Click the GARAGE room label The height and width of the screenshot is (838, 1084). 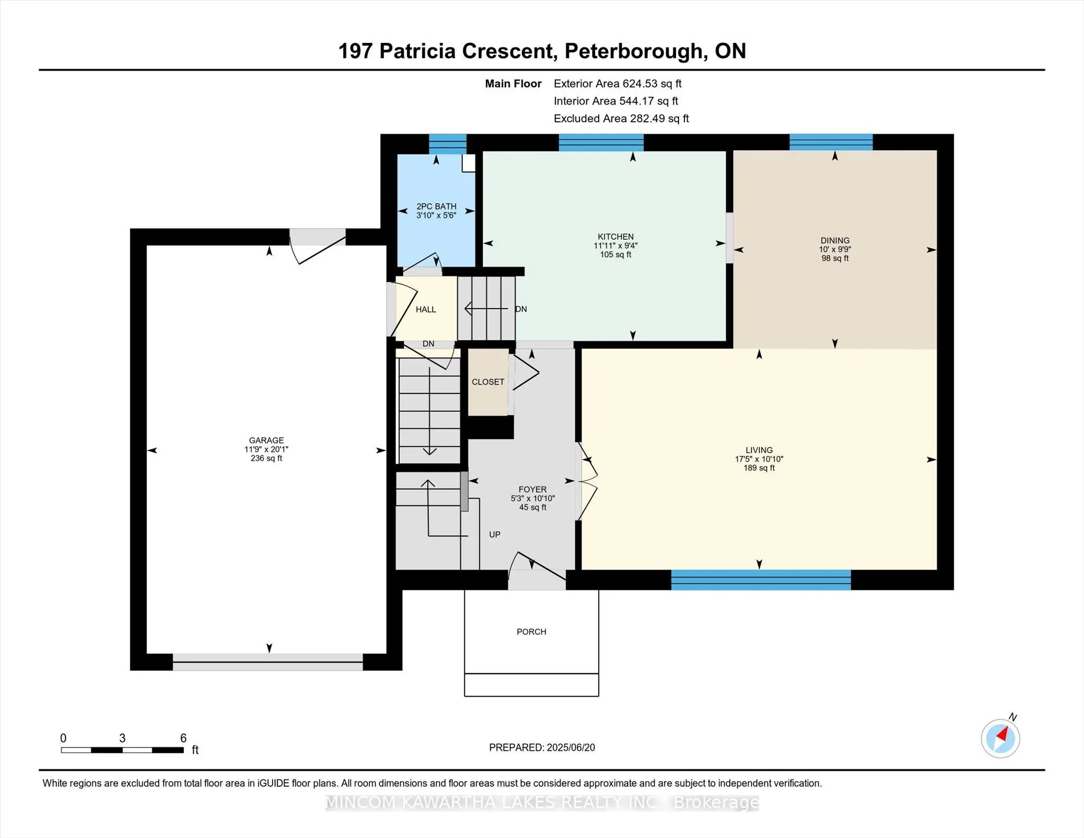coord(266,440)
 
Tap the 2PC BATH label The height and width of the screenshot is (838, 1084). coord(436,206)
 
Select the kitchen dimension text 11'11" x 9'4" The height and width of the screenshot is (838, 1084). coord(616,246)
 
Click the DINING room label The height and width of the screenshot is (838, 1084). coord(835,240)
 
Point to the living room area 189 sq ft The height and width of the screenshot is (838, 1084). coord(759,468)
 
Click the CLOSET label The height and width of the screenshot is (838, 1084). coord(488,382)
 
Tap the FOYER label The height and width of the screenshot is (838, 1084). coord(532,489)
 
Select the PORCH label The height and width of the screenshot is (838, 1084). coord(531,632)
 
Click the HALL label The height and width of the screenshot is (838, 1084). coord(426,309)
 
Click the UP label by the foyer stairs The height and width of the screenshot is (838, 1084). coord(494,535)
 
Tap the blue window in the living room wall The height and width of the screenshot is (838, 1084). coord(761,580)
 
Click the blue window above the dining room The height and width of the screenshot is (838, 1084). coord(831,142)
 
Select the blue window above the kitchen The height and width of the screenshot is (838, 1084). coord(601,142)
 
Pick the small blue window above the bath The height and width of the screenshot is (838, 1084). coord(447,143)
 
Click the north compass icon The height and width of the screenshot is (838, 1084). coord(1000,738)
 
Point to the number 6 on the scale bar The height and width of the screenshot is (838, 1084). coord(183,738)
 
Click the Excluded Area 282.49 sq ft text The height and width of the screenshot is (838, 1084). coord(621,119)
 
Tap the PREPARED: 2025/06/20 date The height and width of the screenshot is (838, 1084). coord(541,747)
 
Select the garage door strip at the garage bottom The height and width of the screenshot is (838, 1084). coord(268,662)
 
